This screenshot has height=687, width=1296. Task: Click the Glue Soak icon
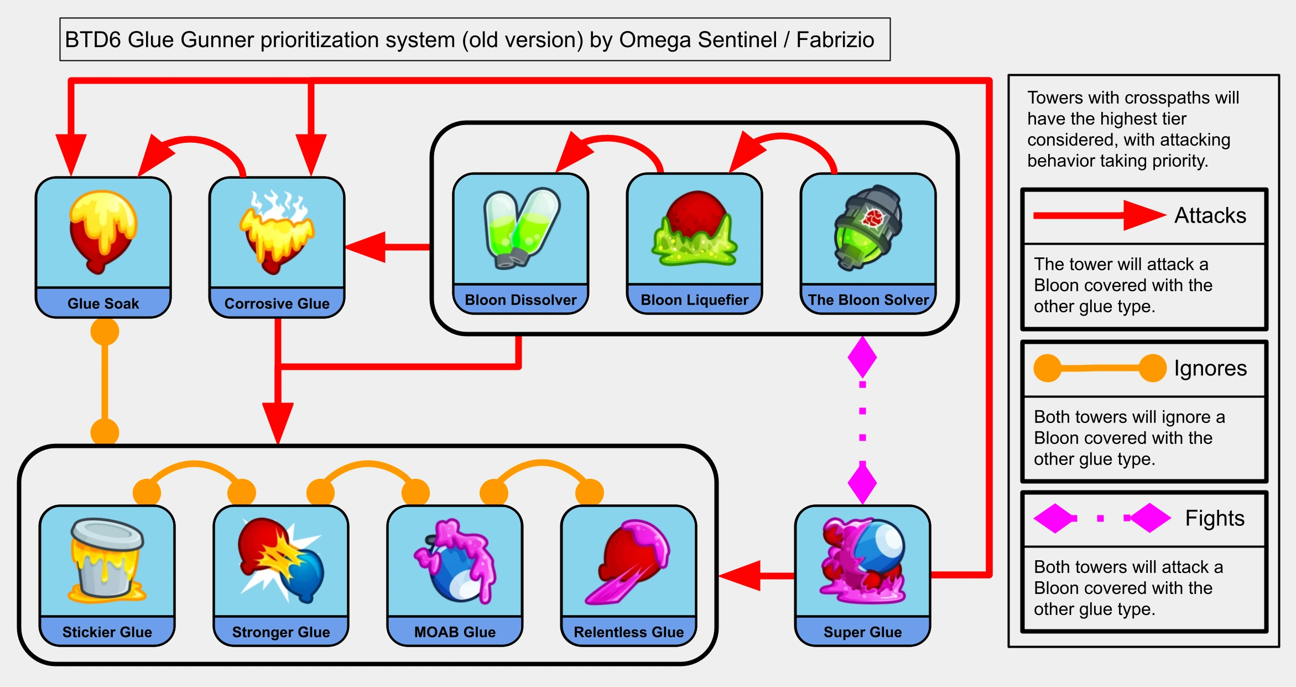tap(103, 231)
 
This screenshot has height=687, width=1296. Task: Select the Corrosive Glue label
tap(277, 303)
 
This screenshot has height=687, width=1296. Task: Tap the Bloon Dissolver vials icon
tap(521, 228)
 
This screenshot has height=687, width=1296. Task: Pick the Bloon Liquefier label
tap(694, 300)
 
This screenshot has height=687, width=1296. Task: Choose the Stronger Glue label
tap(281, 632)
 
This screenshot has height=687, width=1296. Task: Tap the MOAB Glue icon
tap(455, 560)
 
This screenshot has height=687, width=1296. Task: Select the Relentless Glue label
tap(629, 632)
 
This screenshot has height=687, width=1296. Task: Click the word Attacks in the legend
tap(1210, 215)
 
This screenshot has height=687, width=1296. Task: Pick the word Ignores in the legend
tap(1210, 368)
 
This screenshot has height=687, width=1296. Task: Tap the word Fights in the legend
tap(1215, 518)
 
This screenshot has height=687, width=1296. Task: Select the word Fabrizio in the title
tap(835, 40)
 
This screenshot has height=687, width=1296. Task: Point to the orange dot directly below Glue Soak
tap(105, 332)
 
